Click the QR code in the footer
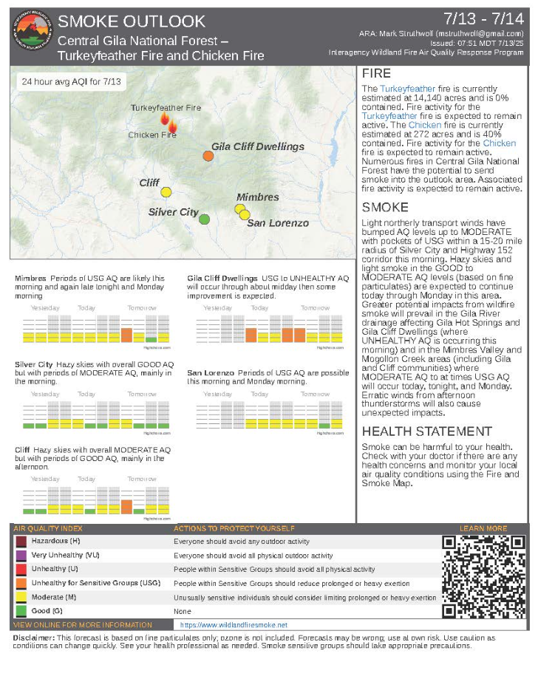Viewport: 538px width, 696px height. (484, 576)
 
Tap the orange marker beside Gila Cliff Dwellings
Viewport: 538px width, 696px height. (208, 156)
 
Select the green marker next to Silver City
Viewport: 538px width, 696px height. (205, 218)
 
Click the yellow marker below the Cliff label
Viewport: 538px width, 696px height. (166, 192)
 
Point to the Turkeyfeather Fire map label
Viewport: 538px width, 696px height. (166, 108)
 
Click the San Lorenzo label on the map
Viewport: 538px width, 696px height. (278, 223)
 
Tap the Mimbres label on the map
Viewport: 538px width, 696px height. (258, 197)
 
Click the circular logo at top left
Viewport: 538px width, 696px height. (31, 35)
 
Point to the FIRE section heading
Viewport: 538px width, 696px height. (376, 75)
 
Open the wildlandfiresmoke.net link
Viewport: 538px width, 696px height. (234, 625)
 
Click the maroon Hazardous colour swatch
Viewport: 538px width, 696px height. (21, 542)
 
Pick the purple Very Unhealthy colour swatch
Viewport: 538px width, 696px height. (21, 556)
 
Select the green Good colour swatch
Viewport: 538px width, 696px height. (21, 611)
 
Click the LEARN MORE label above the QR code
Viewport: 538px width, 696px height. (483, 528)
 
